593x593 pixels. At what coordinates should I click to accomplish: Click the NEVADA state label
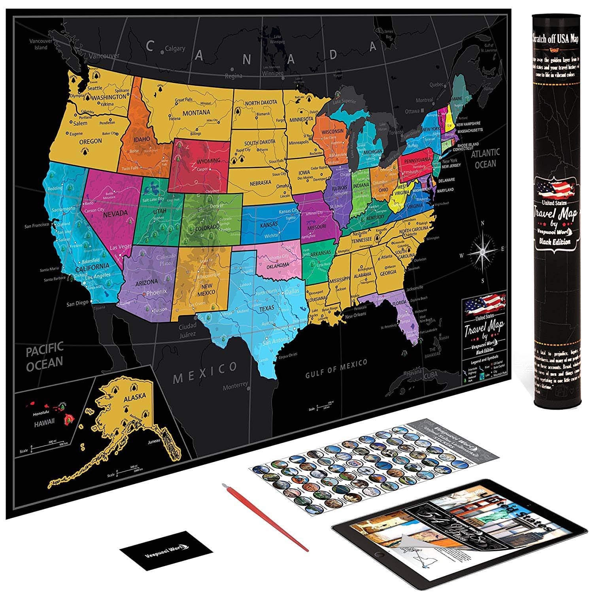point(115,213)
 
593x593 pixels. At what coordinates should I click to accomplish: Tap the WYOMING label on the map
point(209,161)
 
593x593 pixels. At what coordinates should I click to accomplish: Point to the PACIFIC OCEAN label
point(45,355)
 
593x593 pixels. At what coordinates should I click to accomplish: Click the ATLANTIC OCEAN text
point(485,157)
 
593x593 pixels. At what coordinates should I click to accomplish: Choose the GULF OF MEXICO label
point(336,368)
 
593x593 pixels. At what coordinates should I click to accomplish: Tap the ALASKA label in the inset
point(134,396)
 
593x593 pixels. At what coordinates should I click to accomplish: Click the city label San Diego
point(77,304)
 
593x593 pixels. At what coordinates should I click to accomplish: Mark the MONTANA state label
point(196,113)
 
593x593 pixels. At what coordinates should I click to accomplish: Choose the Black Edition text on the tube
point(556,242)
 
